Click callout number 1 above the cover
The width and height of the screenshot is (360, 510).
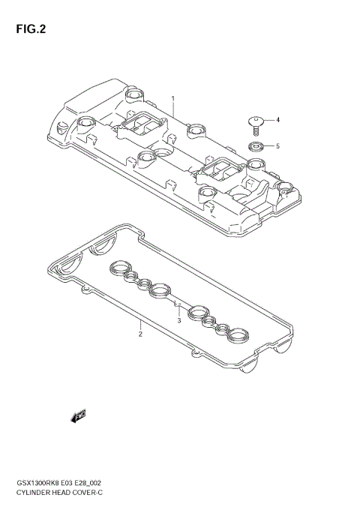click(172, 98)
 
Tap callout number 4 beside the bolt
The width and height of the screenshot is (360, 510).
click(277, 120)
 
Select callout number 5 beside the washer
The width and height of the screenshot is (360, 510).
click(277, 145)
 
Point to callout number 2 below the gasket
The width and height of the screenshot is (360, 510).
click(140, 334)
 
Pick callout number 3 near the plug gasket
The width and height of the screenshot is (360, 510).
click(179, 320)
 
